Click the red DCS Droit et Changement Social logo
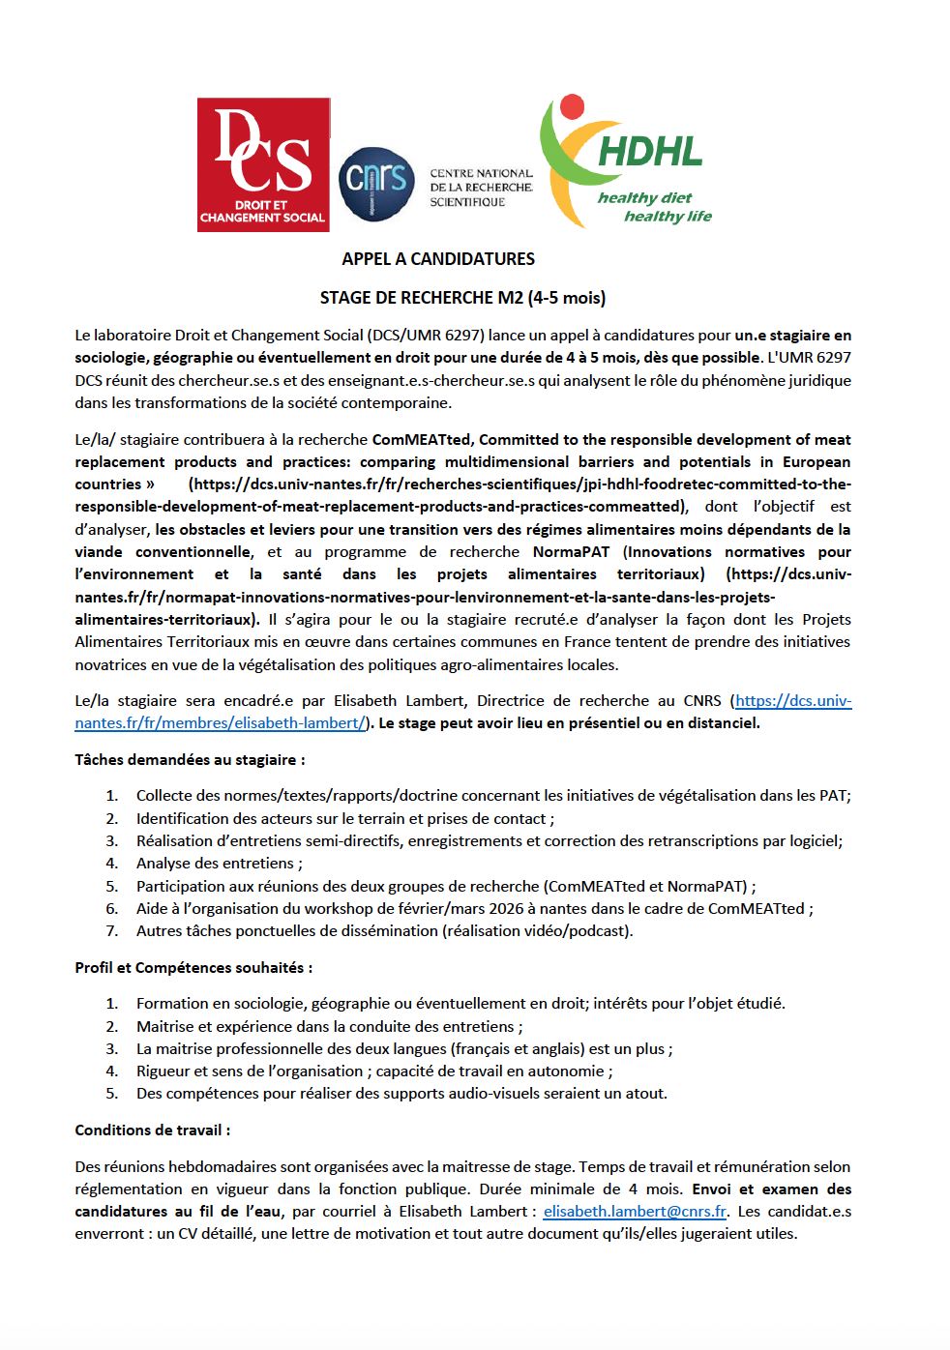pos(263,164)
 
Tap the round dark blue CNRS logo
pos(376,184)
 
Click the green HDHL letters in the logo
pos(650,152)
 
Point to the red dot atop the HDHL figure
pos(573,105)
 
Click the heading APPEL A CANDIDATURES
pos(438,259)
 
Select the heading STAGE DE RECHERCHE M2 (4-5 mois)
pos(462,298)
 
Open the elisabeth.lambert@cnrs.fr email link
pos(635,1212)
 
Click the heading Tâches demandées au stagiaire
pos(190,760)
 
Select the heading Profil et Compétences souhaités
pos(193,968)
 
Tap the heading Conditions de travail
pos(153,1130)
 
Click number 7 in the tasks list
pos(112,931)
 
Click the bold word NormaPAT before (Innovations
pos(571,552)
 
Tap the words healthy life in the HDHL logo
pos(668,217)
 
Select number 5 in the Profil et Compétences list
pos(112,1094)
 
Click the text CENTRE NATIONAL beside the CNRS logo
pos(481,174)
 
